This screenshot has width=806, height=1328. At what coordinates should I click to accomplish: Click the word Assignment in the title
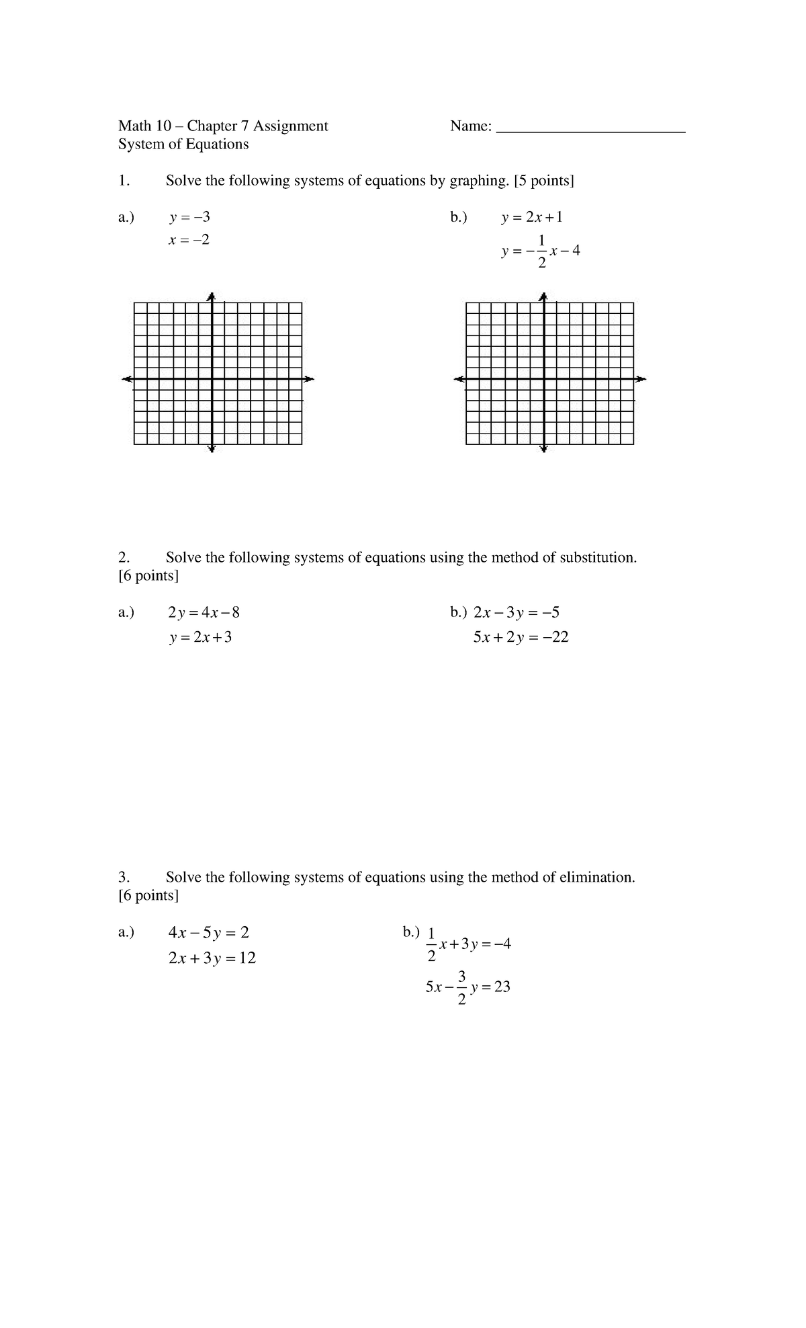coord(290,126)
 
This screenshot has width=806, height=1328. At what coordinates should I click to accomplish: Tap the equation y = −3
coord(189,217)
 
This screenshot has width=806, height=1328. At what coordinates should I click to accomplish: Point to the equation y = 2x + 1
coord(532,217)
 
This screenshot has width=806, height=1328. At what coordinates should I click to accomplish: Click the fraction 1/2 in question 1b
coord(541,251)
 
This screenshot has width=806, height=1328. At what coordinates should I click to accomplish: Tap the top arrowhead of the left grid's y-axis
coord(212,296)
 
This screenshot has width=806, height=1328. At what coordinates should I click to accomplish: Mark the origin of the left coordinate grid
coord(212,379)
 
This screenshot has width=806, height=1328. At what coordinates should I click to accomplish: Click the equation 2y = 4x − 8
coord(204,612)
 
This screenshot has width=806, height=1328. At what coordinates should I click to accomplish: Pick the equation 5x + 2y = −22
coord(521,637)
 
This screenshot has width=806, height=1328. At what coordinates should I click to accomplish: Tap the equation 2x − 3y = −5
coord(517,612)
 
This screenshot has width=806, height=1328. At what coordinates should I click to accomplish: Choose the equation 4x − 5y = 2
coord(209,933)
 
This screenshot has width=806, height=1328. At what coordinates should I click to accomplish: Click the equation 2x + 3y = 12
coord(212,958)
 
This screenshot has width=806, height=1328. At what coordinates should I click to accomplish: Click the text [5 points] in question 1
coord(544,181)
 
